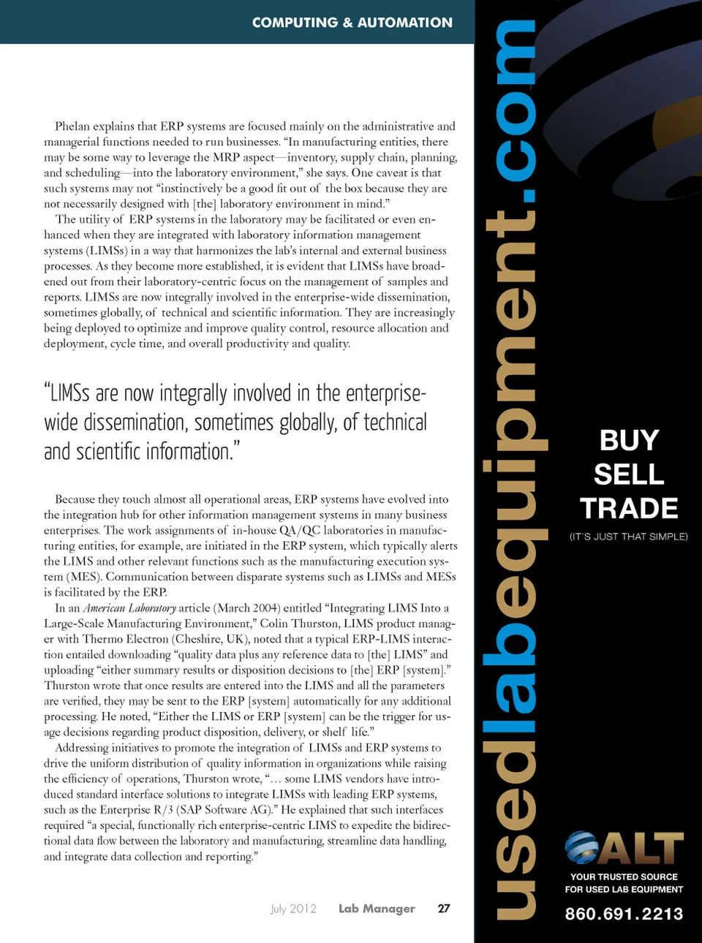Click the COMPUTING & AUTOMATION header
coord(352,23)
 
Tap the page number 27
coord(444,909)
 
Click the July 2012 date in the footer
coord(293,909)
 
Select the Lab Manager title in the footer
coord(377,909)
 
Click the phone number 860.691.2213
coord(624,914)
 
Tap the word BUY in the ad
coord(629,441)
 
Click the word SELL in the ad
coord(629,474)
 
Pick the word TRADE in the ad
coord(629,508)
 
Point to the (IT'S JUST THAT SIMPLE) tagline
coord(628,537)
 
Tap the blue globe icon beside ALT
coord(581,848)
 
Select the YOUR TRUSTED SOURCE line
coord(624,876)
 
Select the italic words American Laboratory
coord(129,608)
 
